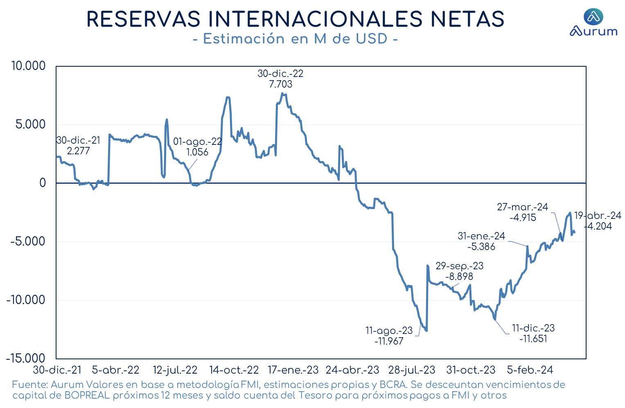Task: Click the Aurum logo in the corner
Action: pos(593,23)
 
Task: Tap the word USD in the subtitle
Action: pos(372,39)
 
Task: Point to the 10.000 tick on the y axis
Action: pos(28,66)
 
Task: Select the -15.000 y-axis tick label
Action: pos(25,358)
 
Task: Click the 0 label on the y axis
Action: pos(43,183)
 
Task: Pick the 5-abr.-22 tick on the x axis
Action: pos(115,370)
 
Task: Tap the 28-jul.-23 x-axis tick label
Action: pos(412,370)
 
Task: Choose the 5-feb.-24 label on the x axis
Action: pos(530,370)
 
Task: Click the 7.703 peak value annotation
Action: pos(280,84)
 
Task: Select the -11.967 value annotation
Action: pos(389,341)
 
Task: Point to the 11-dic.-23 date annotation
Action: pos(533,328)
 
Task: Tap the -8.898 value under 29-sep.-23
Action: pos(459,276)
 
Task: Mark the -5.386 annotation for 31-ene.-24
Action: pos(481,246)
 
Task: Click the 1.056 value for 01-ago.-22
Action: pos(197,152)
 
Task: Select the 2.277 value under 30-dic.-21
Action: pos(79,151)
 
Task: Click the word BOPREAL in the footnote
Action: pos(87,395)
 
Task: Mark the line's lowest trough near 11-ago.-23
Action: pos(426,331)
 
